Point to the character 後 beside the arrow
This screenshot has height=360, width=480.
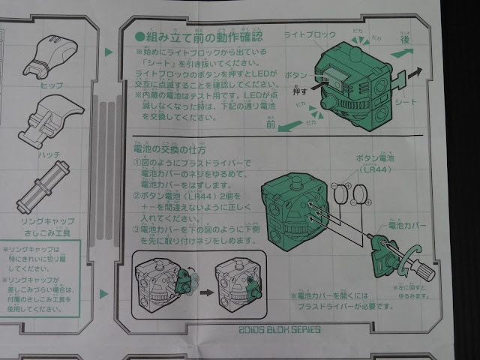404,37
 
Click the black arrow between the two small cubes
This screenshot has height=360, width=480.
202,276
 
